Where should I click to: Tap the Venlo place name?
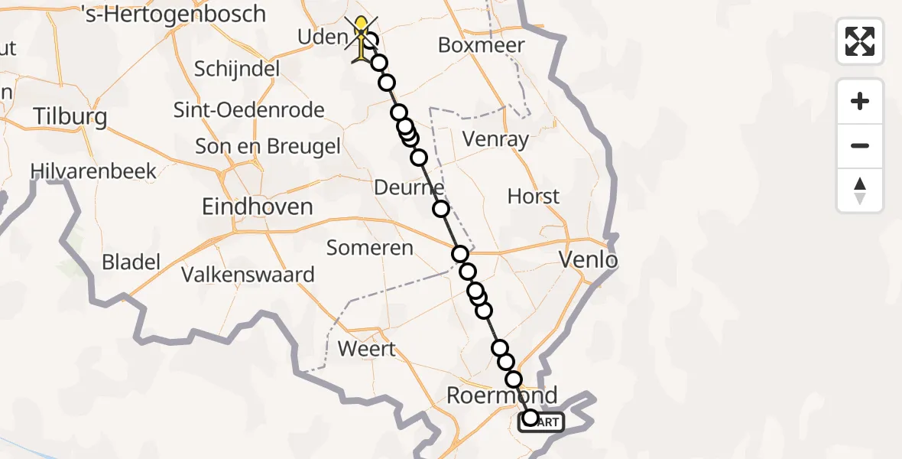[588, 260]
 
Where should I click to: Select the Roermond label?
[501, 396]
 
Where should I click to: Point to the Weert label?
[367, 349]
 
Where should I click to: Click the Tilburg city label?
[70, 117]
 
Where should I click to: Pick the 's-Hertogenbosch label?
[173, 15]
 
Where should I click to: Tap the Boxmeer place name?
[481, 45]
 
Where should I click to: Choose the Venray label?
[496, 139]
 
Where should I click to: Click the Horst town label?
[534, 197]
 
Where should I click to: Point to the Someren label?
[370, 248]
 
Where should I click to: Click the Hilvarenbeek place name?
[93, 171]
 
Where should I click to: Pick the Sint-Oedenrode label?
[249, 109]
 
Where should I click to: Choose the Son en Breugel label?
[268, 146]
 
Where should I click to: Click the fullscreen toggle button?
[860, 41]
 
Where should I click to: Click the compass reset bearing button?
[860, 190]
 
